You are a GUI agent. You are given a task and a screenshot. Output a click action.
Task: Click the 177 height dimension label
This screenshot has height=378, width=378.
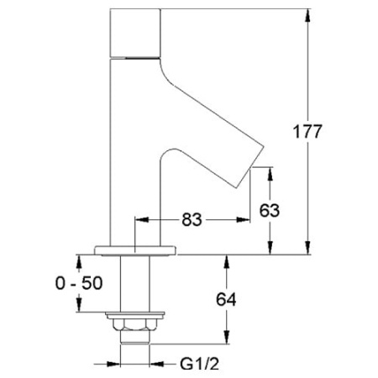coord(307,132)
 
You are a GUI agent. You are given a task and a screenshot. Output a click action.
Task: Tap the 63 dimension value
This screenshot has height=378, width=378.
coord(270,210)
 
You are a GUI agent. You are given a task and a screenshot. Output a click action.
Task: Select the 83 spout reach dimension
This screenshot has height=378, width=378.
coord(192,219)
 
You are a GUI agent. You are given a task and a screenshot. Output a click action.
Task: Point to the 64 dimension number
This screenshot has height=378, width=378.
coord(226,299)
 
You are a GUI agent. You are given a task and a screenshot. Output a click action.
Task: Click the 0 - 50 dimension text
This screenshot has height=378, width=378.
coord(79,283)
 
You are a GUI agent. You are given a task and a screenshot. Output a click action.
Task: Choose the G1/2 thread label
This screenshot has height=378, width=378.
coord(199,364)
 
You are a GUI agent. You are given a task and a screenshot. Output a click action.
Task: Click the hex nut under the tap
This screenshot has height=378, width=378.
coord(134,324)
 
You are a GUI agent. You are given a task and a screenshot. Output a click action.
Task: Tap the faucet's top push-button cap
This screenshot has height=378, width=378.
coord(135,33)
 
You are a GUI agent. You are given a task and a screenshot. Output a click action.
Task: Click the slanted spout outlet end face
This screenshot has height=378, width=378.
coord(250,166)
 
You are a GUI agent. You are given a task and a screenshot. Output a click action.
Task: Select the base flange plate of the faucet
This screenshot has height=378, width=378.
coord(135,250)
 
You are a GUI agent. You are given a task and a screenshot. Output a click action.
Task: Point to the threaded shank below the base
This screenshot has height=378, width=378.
coord(134,283)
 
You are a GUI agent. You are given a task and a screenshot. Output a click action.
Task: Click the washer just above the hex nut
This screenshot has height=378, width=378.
coord(134,315)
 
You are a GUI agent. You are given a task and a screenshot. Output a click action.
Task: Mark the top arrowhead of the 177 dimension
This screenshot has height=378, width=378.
coord(307,16)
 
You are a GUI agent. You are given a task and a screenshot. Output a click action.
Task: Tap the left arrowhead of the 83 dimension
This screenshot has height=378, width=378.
coord(142,220)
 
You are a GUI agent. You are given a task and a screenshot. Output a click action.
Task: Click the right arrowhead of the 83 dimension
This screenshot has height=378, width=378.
coord(243,220)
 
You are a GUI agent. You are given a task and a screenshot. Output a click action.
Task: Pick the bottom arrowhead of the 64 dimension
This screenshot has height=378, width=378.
coord(227,337)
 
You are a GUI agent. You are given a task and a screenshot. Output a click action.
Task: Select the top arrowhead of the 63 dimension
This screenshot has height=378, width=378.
coord(270,174)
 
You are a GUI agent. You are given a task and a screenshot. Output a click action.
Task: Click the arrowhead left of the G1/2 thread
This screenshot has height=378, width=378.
coord(113,364)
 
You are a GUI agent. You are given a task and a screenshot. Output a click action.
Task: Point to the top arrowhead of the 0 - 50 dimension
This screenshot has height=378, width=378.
coord(79,262)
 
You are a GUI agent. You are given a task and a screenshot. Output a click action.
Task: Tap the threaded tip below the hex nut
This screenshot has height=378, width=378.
coord(134,337)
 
